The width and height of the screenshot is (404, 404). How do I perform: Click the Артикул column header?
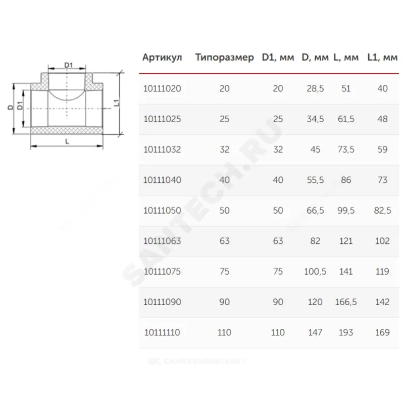pyautogui.click(x=162, y=58)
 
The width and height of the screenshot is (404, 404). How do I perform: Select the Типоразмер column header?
pyautogui.click(x=224, y=58)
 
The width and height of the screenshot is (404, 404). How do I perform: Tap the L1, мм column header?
pyautogui.click(x=382, y=58)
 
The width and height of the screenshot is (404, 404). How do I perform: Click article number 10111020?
pyautogui.click(x=162, y=89)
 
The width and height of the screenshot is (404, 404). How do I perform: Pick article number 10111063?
pyautogui.click(x=162, y=241)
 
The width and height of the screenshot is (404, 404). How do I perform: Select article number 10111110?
pyautogui.click(x=162, y=332)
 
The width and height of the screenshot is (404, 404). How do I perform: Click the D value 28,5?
pyautogui.click(x=315, y=89)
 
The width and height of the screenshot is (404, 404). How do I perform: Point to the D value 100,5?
pyautogui.click(x=315, y=272)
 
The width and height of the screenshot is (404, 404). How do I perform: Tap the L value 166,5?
pyautogui.click(x=346, y=302)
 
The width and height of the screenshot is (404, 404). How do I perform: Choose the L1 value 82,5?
pyautogui.click(x=382, y=211)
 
